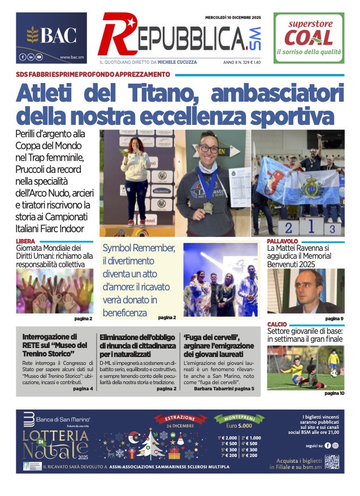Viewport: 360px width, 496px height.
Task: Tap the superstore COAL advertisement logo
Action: (x=309, y=37)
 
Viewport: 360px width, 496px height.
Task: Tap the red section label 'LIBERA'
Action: (x=27, y=241)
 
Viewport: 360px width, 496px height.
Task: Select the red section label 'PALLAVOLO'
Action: (x=283, y=241)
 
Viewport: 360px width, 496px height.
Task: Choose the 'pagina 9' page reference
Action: (x=335, y=319)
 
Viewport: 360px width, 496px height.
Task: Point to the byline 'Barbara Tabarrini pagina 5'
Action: (x=223, y=389)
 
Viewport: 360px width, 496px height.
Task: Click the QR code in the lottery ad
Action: (x=332, y=462)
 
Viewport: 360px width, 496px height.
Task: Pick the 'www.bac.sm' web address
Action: (x=72, y=57)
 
